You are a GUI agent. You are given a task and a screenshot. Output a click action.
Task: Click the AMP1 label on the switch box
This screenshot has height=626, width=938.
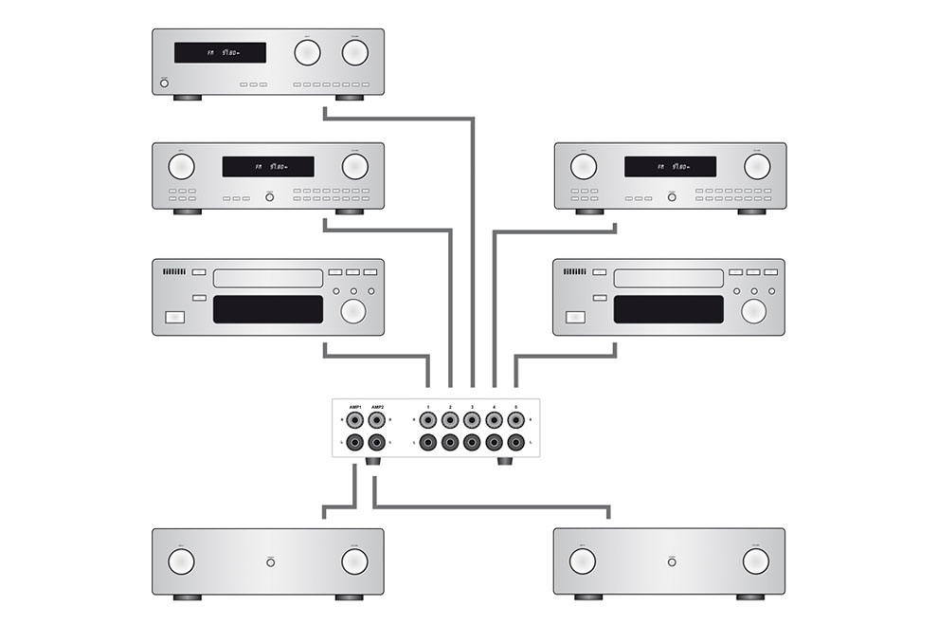tap(354, 406)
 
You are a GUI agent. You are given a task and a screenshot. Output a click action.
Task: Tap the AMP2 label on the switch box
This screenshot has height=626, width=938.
tap(377, 406)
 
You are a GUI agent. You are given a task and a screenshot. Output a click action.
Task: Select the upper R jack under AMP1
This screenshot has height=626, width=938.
tap(354, 419)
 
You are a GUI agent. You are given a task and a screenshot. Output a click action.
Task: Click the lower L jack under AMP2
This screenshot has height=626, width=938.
tap(377, 442)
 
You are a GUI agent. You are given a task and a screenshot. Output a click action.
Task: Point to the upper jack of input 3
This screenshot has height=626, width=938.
tap(472, 419)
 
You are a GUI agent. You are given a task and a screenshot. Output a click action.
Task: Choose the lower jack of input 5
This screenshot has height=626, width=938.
tap(515, 442)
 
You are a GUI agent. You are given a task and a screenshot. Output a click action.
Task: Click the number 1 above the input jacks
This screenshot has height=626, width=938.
tap(428, 406)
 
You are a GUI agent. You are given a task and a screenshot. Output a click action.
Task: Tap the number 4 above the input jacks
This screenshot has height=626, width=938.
tap(494, 406)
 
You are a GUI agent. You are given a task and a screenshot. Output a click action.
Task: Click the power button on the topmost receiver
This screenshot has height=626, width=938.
tap(165, 83)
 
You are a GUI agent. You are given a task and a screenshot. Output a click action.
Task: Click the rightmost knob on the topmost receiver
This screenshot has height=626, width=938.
tap(355, 52)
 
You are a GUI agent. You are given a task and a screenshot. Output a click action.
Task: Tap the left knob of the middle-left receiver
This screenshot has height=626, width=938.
tap(181, 167)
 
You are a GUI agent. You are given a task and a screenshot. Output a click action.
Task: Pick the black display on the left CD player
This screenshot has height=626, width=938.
tap(268, 309)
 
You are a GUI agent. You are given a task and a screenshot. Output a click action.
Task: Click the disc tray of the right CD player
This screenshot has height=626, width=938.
tap(669, 278)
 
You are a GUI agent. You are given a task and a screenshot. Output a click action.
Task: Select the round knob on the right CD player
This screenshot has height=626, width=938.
tap(754, 311)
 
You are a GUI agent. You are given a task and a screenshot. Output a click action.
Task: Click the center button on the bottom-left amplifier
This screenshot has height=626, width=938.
tap(271, 562)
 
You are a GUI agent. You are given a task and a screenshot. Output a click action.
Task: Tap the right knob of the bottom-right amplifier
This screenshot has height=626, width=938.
tap(756, 562)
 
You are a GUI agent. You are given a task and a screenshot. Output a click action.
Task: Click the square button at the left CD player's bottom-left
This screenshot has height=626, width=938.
tap(175, 318)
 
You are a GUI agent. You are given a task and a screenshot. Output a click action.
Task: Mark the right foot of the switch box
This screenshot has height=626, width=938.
tap(503, 463)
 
